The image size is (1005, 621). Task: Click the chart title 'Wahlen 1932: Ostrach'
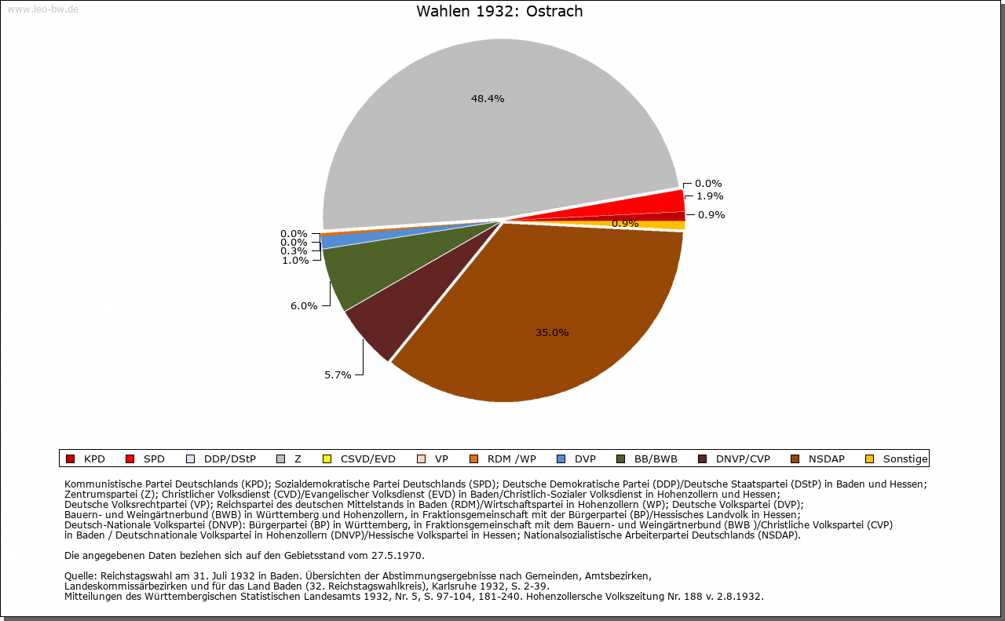click(x=499, y=12)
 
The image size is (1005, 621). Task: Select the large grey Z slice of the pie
click(x=487, y=133)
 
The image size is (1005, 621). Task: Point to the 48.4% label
click(x=488, y=99)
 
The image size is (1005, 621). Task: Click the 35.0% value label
click(x=552, y=333)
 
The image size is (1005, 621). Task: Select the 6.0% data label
click(x=304, y=306)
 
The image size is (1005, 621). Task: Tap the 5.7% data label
click(x=338, y=375)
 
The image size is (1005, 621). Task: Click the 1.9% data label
click(x=710, y=196)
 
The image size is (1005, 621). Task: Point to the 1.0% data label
click(x=295, y=261)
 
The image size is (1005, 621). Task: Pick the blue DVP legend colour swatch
click(x=560, y=459)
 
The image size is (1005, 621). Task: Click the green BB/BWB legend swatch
click(x=619, y=459)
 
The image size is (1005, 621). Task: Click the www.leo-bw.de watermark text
click(x=42, y=9)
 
